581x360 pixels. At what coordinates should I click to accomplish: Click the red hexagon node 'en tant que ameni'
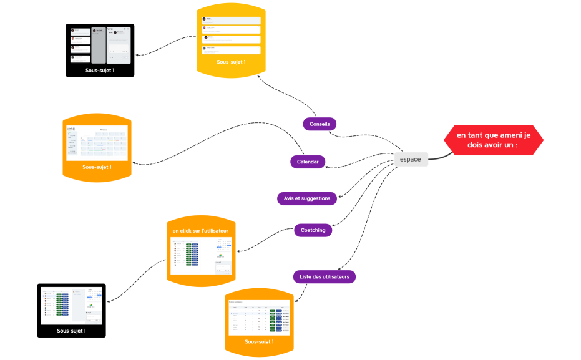(x=493, y=140)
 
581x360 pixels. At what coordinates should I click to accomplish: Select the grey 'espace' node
(x=410, y=159)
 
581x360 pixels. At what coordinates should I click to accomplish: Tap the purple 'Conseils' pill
(x=320, y=124)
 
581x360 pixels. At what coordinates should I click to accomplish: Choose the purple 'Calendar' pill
(x=308, y=162)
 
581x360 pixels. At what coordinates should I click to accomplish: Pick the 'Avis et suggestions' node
(x=307, y=198)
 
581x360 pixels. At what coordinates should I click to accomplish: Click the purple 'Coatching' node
(x=313, y=230)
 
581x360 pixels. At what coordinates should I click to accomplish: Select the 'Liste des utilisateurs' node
(x=324, y=276)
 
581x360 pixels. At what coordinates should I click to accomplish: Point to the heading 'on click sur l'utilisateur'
(x=200, y=231)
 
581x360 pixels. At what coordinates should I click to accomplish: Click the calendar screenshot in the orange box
(x=97, y=143)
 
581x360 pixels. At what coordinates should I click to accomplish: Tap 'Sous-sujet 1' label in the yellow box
(x=231, y=62)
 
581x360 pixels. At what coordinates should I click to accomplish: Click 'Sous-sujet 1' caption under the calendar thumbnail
(x=97, y=167)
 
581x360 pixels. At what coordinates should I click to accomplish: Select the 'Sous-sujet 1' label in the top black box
(x=100, y=71)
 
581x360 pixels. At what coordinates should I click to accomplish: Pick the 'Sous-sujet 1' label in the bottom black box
(x=71, y=331)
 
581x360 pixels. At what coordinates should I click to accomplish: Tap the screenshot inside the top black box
(x=100, y=45)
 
